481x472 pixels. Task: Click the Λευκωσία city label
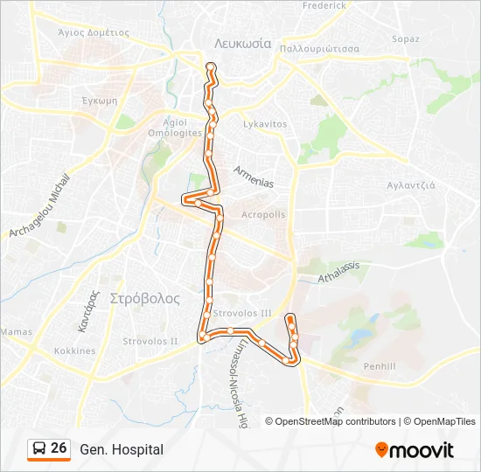coord(242,43)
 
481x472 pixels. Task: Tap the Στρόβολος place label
coord(145,298)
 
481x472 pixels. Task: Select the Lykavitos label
coord(265,124)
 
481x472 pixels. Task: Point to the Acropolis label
coord(263,214)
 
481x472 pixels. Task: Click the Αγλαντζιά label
coord(411,185)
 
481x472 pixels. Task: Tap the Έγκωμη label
coord(99,101)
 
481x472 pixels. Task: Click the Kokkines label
coord(75,351)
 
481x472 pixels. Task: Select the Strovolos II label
coord(150,341)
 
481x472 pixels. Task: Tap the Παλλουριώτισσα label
coord(320,49)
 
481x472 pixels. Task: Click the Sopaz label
coord(406,39)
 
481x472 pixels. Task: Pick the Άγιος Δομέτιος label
coord(93,32)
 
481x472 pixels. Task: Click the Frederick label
coord(324,5)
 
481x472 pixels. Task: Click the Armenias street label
coord(254,177)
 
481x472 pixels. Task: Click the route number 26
coord(59,448)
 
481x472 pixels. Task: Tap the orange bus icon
coord(39,449)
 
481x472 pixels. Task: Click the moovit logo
coord(415,450)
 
